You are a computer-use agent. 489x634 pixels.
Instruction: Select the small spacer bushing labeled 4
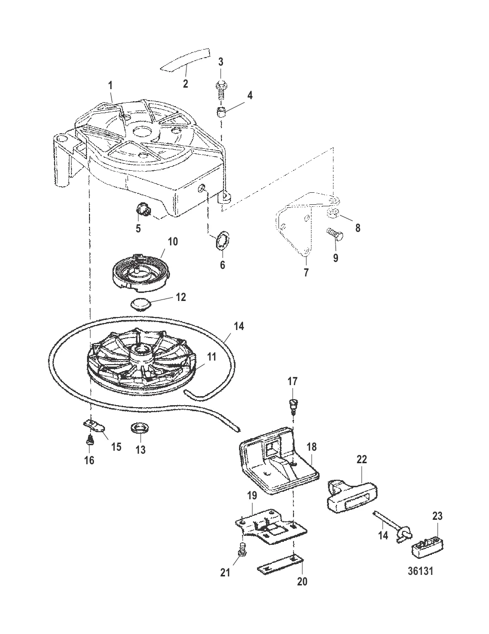coord(221,111)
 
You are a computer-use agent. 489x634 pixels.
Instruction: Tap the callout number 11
coord(212,357)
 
